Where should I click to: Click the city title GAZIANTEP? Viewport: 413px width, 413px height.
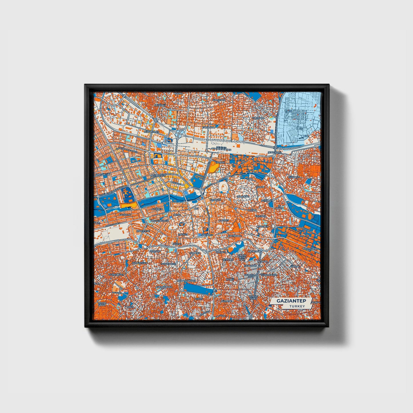291,301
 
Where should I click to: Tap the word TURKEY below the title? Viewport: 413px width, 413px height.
297,306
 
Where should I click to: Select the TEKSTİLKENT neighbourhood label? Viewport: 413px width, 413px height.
310,249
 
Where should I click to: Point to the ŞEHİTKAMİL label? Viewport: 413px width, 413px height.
275,152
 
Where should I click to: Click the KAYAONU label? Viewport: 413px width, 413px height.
160,105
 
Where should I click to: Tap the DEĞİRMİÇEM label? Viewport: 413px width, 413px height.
158,175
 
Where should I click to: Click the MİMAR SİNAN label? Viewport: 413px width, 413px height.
102,304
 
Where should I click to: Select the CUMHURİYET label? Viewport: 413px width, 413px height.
117,275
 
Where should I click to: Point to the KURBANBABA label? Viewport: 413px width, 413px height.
164,287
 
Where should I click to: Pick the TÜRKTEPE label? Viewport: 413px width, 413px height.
243,197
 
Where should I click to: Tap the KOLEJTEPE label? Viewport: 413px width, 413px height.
143,231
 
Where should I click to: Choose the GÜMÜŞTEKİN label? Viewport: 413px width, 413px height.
139,263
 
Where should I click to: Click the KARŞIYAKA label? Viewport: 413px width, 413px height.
219,100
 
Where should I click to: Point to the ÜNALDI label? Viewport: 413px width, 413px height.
294,266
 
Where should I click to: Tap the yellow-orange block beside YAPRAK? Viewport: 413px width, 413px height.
213,167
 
